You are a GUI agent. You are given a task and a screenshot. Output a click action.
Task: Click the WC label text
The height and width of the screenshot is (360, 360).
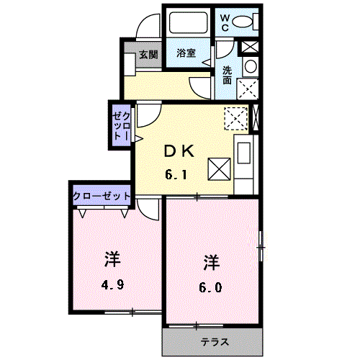(225, 23)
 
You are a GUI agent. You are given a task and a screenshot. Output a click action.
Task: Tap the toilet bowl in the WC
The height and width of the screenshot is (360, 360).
(243, 22)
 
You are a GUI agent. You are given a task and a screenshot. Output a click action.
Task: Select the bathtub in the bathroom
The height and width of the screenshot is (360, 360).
(189, 22)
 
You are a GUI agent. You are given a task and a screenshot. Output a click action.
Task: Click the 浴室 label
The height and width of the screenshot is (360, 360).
(186, 53)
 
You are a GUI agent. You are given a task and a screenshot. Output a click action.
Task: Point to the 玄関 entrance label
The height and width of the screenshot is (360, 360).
(148, 55)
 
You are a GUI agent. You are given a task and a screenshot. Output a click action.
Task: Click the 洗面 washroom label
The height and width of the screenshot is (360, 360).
(227, 75)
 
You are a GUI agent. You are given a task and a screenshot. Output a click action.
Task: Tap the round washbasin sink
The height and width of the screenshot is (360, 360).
(251, 66)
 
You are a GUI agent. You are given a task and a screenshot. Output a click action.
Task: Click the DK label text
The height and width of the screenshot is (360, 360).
(179, 151)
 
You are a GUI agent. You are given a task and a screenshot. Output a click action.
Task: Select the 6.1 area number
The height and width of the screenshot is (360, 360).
(176, 174)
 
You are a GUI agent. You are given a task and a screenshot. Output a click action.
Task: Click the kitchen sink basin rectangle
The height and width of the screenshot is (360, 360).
(244, 153)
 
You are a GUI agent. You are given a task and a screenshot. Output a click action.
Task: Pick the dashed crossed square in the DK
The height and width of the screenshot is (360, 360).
(235, 119)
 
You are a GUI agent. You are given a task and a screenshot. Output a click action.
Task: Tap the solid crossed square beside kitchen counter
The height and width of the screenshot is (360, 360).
(219, 169)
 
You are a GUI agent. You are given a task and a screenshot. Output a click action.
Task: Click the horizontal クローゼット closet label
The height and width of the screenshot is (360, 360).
(102, 197)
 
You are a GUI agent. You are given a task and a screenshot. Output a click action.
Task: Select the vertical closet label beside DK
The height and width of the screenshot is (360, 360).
(122, 127)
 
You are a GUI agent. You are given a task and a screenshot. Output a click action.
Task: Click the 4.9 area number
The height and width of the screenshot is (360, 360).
(112, 285)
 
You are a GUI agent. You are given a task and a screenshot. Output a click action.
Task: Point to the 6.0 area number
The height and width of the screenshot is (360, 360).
(210, 287)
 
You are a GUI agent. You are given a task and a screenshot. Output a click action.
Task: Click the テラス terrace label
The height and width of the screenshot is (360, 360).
(215, 342)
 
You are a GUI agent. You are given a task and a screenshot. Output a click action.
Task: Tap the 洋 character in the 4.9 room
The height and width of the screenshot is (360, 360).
(112, 259)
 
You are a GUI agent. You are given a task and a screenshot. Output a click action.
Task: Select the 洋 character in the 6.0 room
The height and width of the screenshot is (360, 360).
(212, 263)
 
